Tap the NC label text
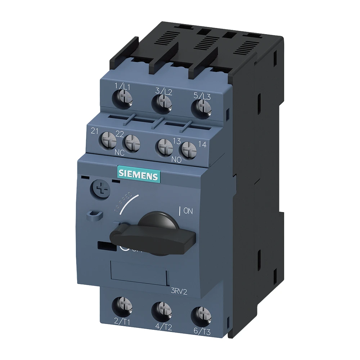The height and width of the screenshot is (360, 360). [119, 153]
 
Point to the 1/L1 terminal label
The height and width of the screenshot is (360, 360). [122, 87]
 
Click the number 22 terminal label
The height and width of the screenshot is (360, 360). [120, 134]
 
